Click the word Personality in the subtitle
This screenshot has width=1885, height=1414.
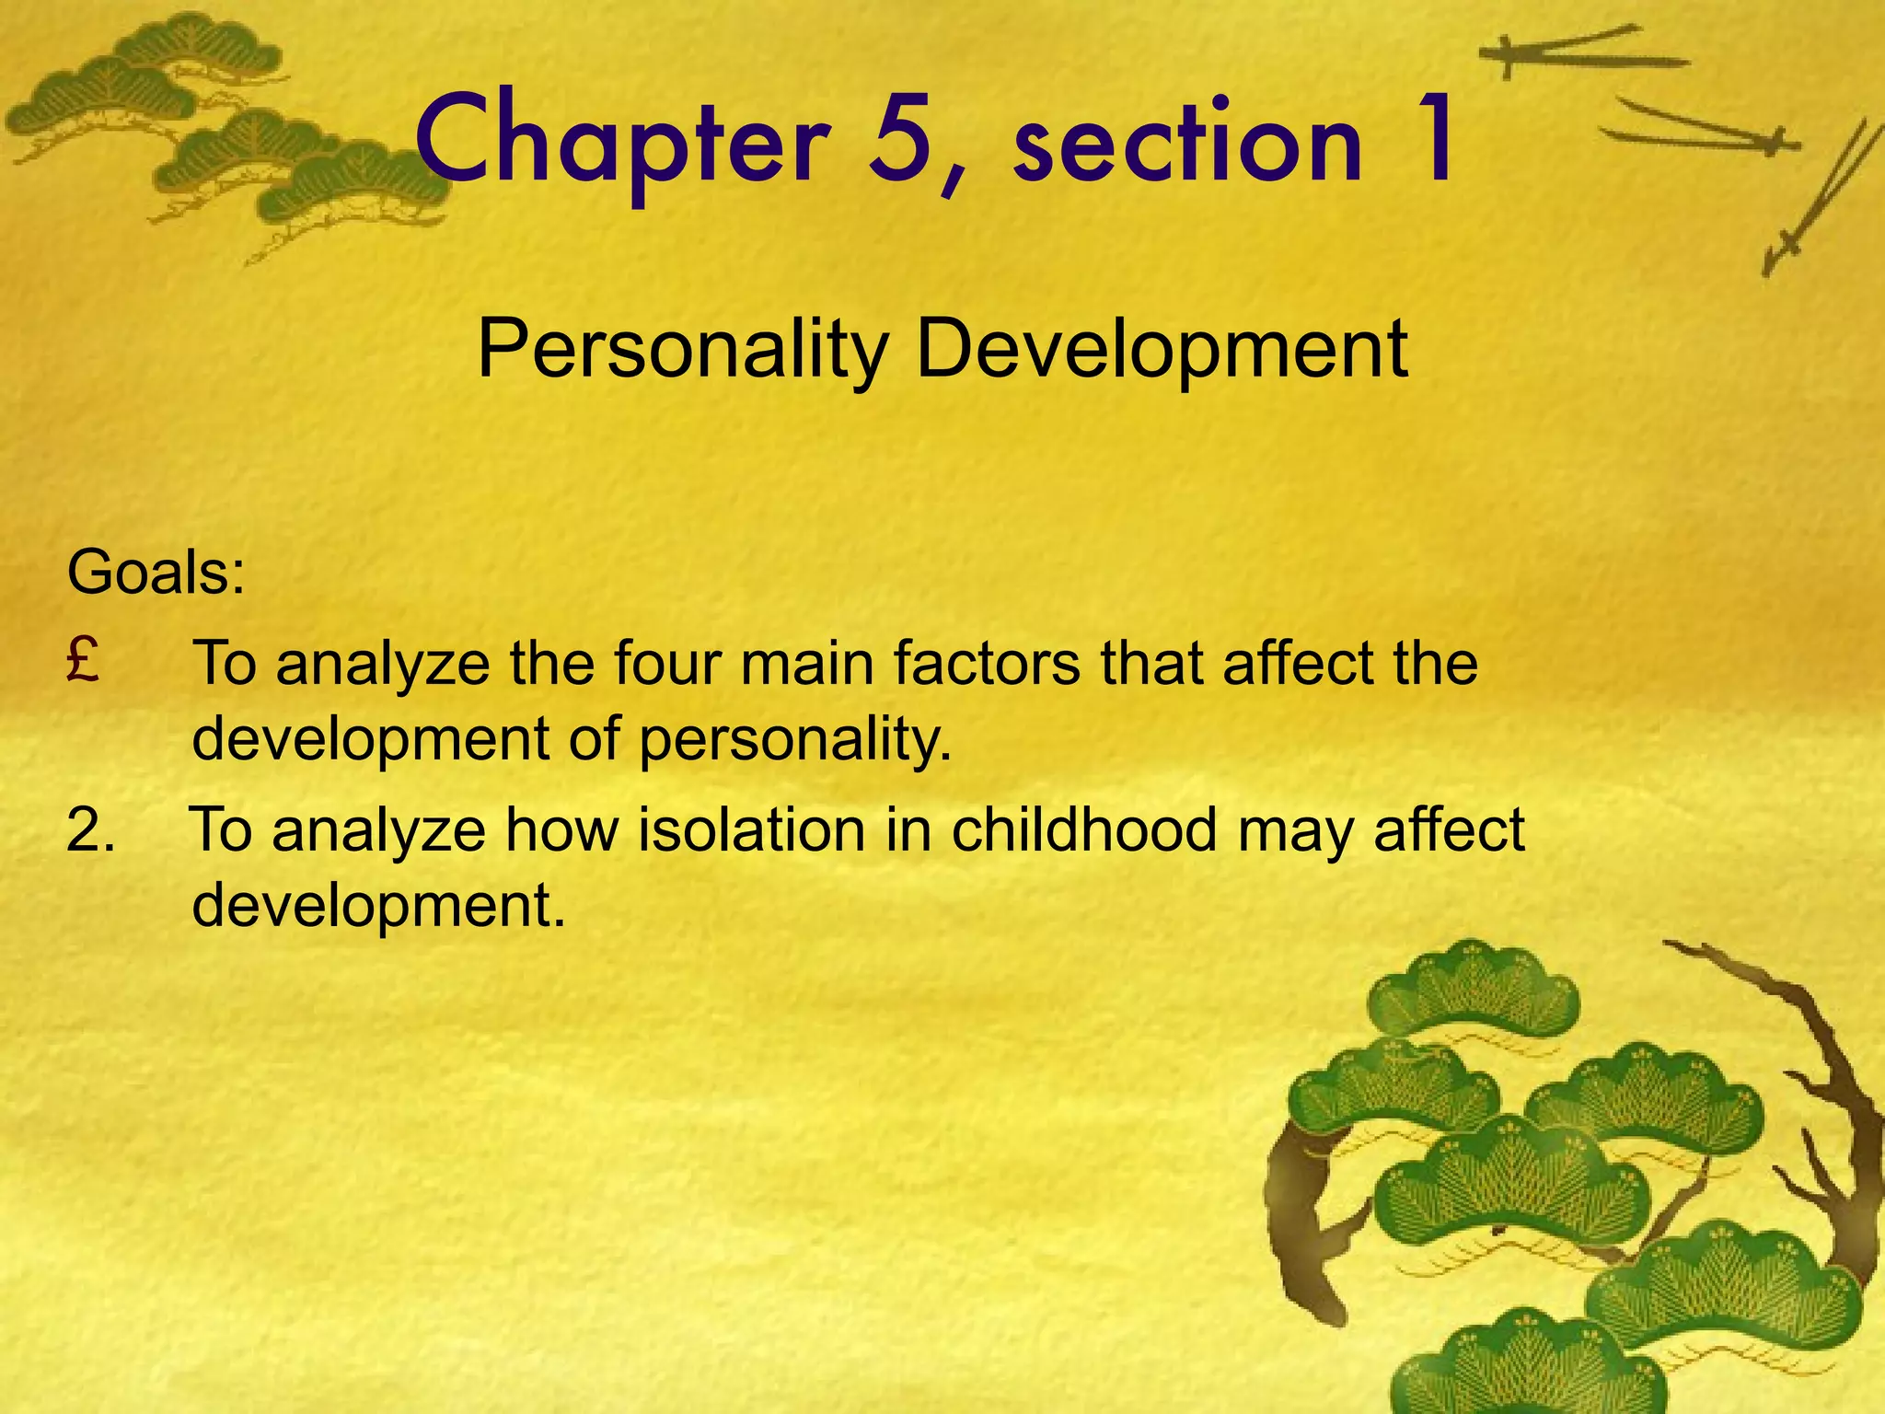682,351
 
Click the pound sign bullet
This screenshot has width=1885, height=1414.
83,660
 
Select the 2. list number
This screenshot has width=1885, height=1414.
91,829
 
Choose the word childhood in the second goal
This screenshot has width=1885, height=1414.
1085,829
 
